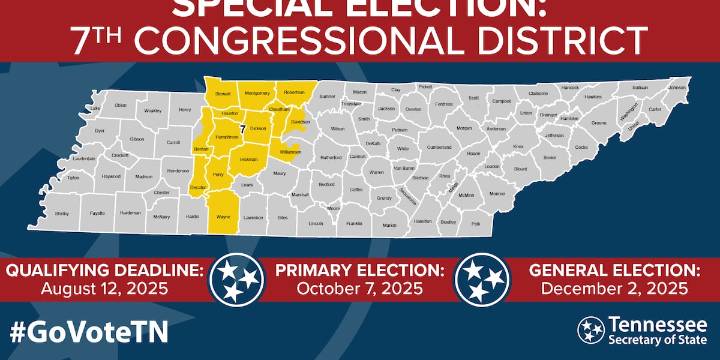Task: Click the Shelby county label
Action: [x=62, y=213]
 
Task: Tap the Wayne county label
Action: [x=223, y=217]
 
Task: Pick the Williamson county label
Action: [x=290, y=152]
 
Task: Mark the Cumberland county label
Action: [x=412, y=147]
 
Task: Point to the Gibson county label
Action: [x=137, y=139]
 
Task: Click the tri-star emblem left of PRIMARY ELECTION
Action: [x=236, y=278]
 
